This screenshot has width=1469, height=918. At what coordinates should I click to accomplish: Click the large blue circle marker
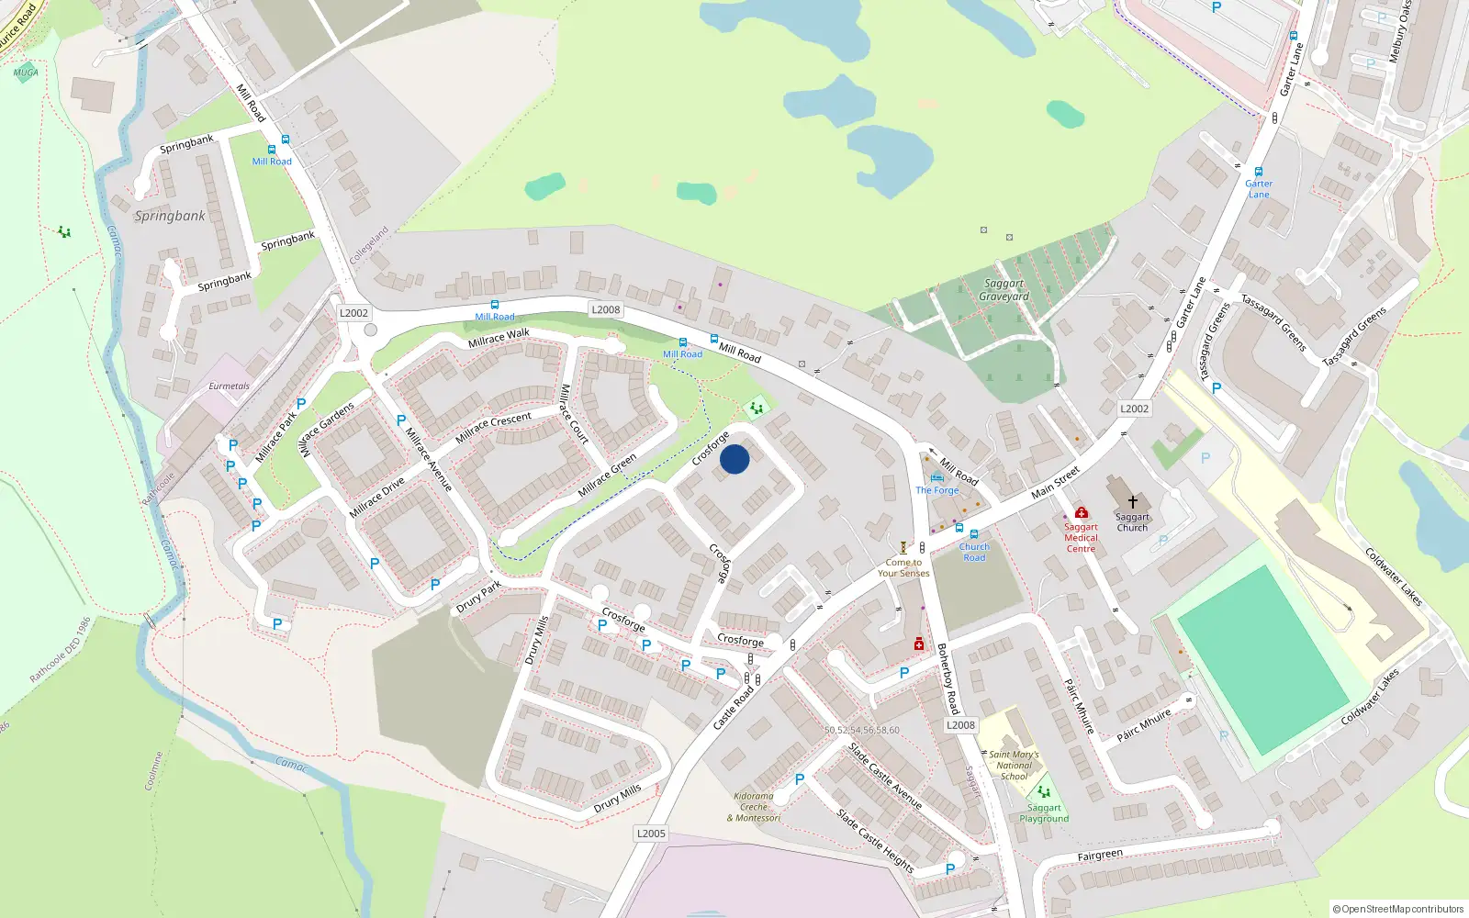tap(734, 459)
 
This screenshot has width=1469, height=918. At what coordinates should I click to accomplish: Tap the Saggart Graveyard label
tap(1004, 290)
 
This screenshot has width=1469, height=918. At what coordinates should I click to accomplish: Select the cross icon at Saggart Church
tap(1132, 502)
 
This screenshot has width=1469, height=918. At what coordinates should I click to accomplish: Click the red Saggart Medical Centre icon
tap(1081, 512)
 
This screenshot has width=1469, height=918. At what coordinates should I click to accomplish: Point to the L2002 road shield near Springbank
tap(353, 313)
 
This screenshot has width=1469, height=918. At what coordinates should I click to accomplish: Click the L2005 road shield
tap(651, 834)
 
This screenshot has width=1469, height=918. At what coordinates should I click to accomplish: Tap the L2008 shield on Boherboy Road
tap(960, 725)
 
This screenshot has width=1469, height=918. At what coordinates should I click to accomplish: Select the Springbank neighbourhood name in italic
tap(170, 217)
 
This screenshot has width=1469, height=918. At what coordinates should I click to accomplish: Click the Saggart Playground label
tap(1044, 813)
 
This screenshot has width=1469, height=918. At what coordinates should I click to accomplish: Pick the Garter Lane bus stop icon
tap(1259, 172)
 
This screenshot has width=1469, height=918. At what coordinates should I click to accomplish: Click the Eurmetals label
tap(229, 386)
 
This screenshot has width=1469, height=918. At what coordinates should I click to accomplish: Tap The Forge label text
tap(936, 490)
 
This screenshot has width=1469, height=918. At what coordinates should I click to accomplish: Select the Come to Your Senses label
tap(903, 568)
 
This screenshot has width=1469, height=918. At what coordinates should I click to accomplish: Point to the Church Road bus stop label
tap(974, 552)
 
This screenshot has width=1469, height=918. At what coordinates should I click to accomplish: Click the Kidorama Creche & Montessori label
tap(754, 807)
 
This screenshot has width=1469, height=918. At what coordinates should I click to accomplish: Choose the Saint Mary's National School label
tap(1014, 766)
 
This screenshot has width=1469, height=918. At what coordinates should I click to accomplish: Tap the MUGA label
tap(26, 73)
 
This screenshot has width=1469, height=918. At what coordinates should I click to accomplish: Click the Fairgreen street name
tap(1100, 856)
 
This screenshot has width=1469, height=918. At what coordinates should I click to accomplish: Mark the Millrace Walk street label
tap(499, 338)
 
